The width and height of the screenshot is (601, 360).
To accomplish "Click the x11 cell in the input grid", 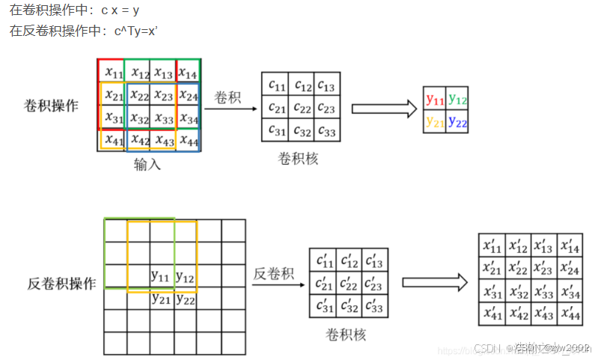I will (113, 73).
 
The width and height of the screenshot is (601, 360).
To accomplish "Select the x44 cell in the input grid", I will (188, 140).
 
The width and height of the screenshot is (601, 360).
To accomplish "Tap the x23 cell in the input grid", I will (163, 96).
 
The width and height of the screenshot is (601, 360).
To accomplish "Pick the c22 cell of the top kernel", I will (301, 108).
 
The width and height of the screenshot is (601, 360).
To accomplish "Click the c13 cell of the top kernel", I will (326, 85).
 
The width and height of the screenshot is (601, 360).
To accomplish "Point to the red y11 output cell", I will (435, 99).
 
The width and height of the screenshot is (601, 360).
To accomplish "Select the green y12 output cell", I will (457, 99).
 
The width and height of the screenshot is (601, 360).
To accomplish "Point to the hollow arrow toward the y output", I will (383, 109).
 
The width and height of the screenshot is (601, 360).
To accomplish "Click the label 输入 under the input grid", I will (147, 165).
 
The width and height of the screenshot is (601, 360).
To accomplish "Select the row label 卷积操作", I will (51, 106).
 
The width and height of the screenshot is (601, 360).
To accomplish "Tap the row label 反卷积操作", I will (61, 284).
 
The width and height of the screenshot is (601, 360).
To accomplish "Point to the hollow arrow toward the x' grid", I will (434, 283).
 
